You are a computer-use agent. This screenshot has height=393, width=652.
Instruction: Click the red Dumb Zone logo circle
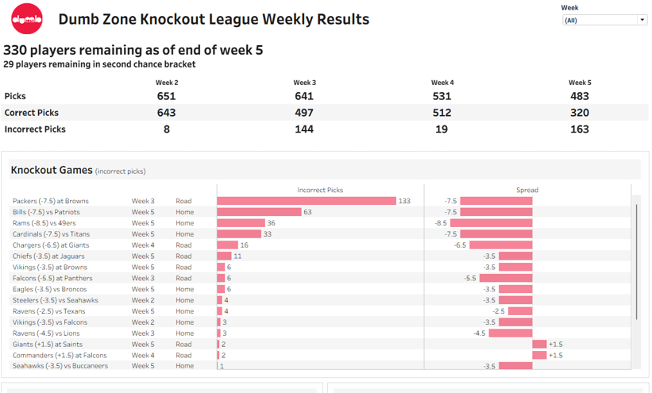[27, 19]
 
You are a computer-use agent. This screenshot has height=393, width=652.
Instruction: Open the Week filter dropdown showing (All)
[605, 20]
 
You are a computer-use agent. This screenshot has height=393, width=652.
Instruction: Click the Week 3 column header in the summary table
[304, 83]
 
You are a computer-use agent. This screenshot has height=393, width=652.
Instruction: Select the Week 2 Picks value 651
[167, 96]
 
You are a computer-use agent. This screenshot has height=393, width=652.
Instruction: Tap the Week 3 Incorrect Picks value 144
[304, 129]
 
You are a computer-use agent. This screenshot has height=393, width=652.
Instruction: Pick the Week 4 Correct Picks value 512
[442, 113]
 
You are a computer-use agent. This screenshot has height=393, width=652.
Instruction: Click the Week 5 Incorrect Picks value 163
[580, 129]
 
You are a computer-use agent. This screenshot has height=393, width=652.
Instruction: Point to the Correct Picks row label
[32, 113]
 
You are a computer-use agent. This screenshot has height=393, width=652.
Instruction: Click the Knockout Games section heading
[51, 170]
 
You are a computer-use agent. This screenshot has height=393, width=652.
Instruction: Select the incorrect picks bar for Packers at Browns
[306, 201]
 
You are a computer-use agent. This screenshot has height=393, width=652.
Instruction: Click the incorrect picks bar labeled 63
[259, 212]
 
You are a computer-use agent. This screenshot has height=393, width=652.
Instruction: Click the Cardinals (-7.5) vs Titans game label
[51, 234]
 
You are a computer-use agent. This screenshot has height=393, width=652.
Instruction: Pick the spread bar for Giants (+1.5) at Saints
[539, 345]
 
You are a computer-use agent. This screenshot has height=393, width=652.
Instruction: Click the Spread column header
[527, 190]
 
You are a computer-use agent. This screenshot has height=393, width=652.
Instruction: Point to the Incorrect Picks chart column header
[320, 190]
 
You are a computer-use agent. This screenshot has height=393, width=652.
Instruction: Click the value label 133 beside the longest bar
[405, 201]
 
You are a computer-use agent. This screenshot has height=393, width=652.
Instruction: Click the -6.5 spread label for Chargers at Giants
[460, 245]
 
